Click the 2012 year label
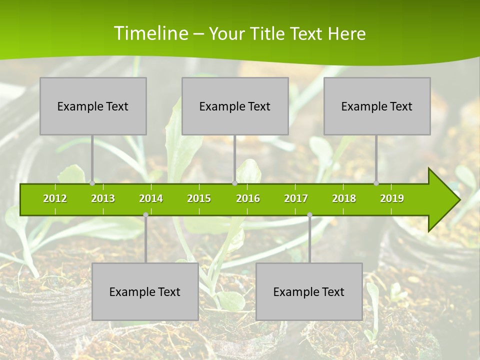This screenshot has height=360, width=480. [x=55, y=198]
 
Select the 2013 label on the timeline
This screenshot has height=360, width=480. [x=103, y=198]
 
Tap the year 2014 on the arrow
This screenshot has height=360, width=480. [x=151, y=198]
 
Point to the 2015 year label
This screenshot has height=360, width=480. [x=199, y=198]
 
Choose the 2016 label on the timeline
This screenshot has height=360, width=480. [x=248, y=198]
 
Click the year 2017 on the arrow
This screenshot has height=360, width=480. [x=296, y=198]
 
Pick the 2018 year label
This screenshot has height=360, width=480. [x=344, y=198]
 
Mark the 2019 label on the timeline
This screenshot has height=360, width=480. [x=392, y=198]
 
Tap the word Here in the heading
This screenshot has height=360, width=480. [x=347, y=33]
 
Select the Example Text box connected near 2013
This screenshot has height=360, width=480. [x=93, y=106]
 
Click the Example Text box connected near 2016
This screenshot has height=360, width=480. [x=235, y=106]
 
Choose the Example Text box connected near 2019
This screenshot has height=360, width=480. [x=377, y=106]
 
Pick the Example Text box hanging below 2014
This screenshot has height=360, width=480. [x=145, y=291]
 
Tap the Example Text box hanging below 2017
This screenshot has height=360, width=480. [x=309, y=291]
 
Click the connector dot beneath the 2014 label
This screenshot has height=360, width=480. [x=145, y=215]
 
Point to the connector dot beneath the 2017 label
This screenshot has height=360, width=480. [x=309, y=215]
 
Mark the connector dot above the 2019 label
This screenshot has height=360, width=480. [x=376, y=183]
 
